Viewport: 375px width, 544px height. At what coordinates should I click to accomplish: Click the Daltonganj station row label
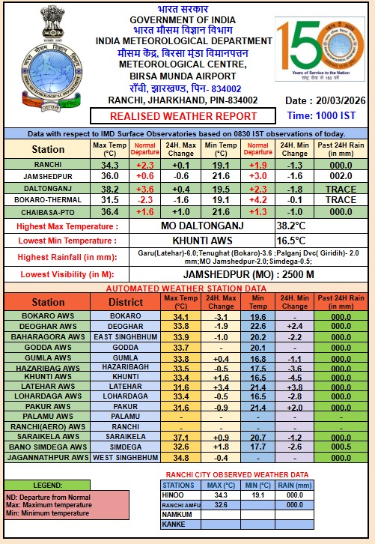click(x=47, y=189)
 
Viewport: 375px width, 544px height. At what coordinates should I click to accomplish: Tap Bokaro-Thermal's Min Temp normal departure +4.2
click(x=257, y=200)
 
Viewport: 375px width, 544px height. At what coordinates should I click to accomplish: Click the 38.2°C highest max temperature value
click(x=290, y=226)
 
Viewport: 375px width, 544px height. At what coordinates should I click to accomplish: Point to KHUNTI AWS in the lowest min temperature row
click(x=202, y=241)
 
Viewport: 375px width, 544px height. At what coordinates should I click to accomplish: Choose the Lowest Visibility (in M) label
click(x=66, y=275)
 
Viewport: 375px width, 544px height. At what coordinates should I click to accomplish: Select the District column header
click(x=125, y=302)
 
